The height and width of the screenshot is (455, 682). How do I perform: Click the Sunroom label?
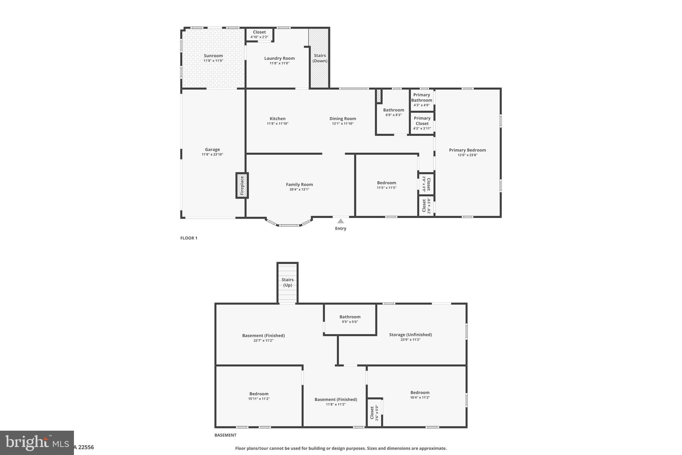coord(213,56)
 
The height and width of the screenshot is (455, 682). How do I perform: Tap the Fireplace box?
coord(242,186)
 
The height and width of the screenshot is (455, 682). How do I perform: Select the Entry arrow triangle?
coord(340,221)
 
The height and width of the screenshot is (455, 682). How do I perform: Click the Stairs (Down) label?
coord(320,58)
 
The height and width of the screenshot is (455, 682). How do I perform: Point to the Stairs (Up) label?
coord(287,282)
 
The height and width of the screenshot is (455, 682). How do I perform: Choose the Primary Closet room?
coord(422,123)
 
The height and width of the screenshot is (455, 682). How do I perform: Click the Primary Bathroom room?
coord(422,100)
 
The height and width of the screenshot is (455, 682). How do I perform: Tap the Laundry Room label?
coord(279,58)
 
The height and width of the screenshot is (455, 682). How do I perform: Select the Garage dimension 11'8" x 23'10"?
coord(212,155)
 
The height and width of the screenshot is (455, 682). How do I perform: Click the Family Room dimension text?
coord(299,190)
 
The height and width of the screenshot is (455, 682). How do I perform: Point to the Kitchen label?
coord(277,119)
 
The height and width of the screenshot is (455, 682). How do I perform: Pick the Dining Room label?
coord(343,119)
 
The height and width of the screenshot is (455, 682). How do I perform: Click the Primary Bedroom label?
coord(467,150)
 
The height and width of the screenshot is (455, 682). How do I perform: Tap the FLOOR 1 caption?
coord(189,238)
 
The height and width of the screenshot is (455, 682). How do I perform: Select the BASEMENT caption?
coord(225,435)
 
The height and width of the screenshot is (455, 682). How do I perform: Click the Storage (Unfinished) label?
coord(410,335)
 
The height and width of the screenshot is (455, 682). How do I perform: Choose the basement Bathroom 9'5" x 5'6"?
coord(350,319)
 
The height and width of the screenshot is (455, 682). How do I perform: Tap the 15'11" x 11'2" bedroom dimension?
coord(259,399)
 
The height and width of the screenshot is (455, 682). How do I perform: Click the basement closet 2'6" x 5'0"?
coord(374,413)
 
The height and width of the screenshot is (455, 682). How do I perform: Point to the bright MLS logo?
coord(37,443)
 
